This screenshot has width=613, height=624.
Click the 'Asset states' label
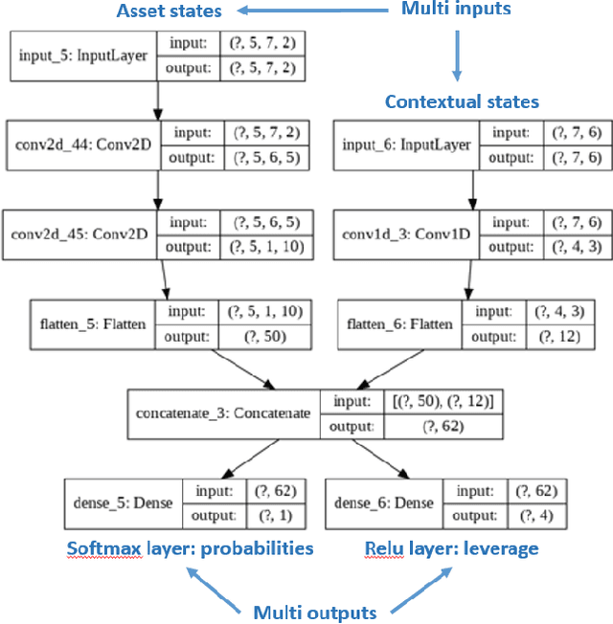point(169,12)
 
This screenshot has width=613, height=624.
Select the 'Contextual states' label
point(462,101)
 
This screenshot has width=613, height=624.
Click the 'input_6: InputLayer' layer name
point(406,145)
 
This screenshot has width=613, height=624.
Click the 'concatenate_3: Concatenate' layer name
point(223,412)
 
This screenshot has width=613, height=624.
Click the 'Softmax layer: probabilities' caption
point(190,548)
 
